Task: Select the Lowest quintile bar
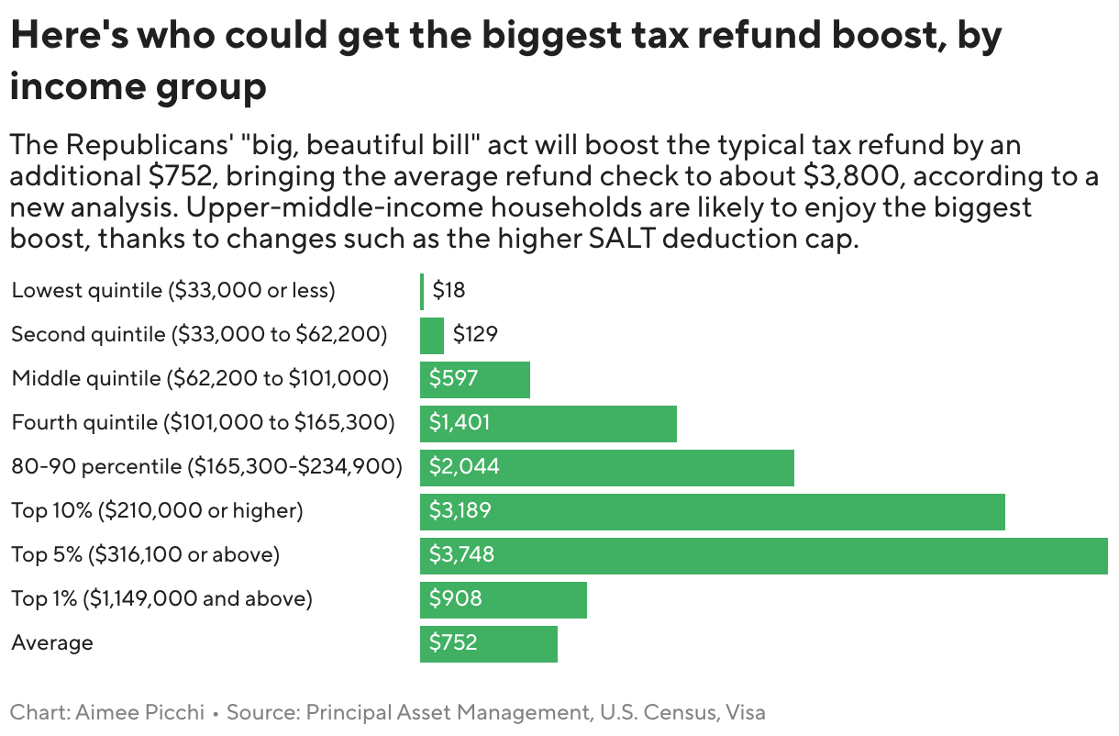(x=422, y=291)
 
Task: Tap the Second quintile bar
(x=432, y=335)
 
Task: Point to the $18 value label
(x=449, y=291)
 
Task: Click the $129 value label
(x=475, y=335)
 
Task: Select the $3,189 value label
(x=460, y=511)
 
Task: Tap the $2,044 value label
(x=464, y=467)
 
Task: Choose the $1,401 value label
(x=460, y=423)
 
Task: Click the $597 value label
(x=454, y=379)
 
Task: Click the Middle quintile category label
(x=200, y=379)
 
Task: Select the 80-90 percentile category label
(x=206, y=467)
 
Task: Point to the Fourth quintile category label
(x=203, y=423)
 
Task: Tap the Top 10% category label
(x=157, y=511)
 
